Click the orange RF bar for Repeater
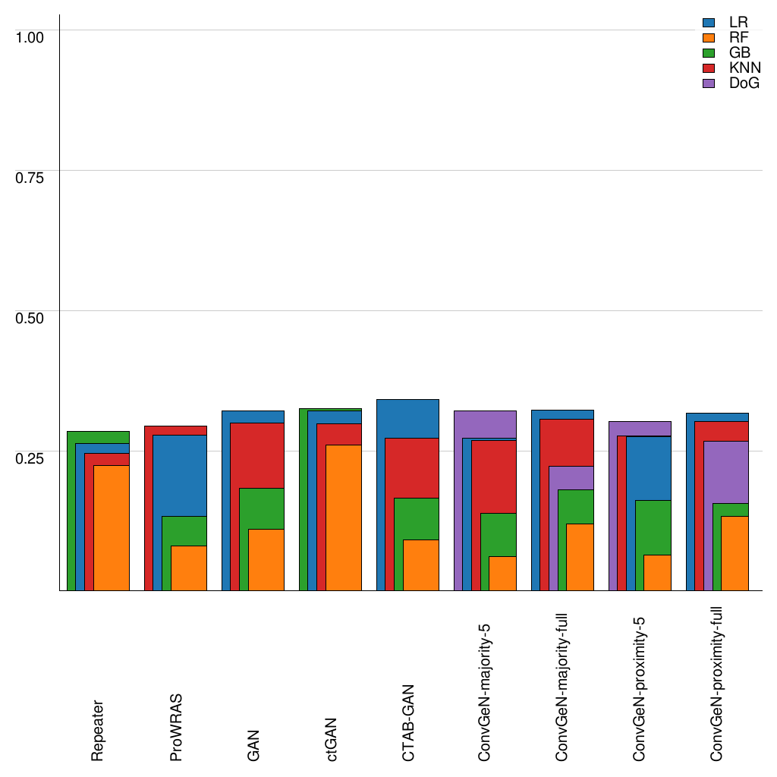[x=111, y=527]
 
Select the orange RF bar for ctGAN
[x=343, y=517]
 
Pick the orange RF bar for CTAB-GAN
[x=420, y=565]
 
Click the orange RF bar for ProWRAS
[x=188, y=568]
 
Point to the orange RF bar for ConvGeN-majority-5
[x=502, y=573]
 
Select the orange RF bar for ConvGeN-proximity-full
[x=735, y=553]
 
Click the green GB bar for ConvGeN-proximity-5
[x=653, y=527]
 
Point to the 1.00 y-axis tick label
[x=30, y=36]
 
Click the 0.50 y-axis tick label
[x=30, y=317]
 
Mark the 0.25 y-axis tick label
[x=30, y=458]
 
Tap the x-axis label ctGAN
[x=331, y=740]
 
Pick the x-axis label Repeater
[x=98, y=731]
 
